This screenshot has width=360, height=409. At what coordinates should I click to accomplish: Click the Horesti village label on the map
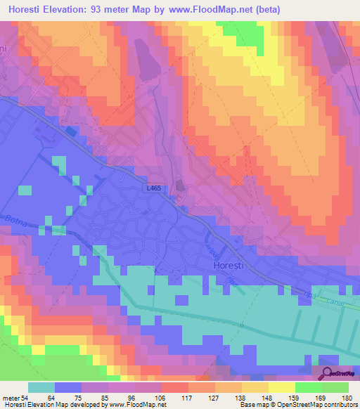point(229,265)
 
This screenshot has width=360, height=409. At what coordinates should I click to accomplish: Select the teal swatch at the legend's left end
point(41,387)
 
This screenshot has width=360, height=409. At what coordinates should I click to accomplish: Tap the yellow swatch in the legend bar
point(281,387)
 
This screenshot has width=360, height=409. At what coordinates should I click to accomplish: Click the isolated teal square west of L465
point(25,190)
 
